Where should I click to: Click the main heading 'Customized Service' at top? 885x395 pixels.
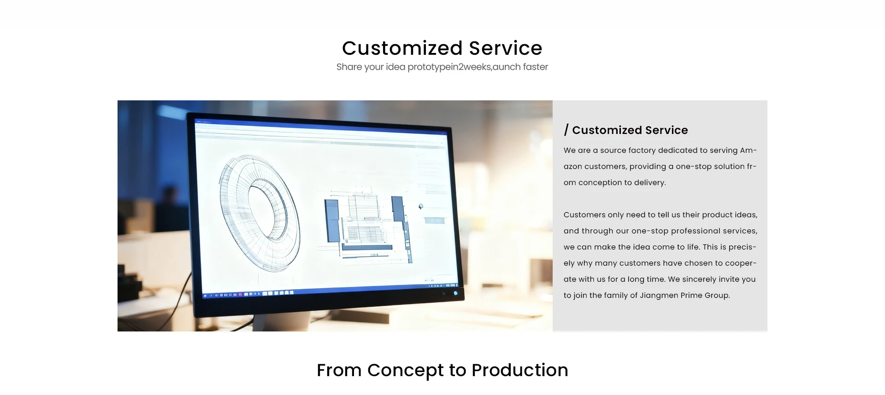[x=442, y=48]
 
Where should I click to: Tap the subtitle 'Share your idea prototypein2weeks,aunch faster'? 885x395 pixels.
[x=442, y=67]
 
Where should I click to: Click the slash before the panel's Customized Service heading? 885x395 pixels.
[x=566, y=130]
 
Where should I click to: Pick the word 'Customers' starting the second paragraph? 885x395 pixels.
[x=584, y=215]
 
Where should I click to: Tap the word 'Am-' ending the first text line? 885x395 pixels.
[x=748, y=151]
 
